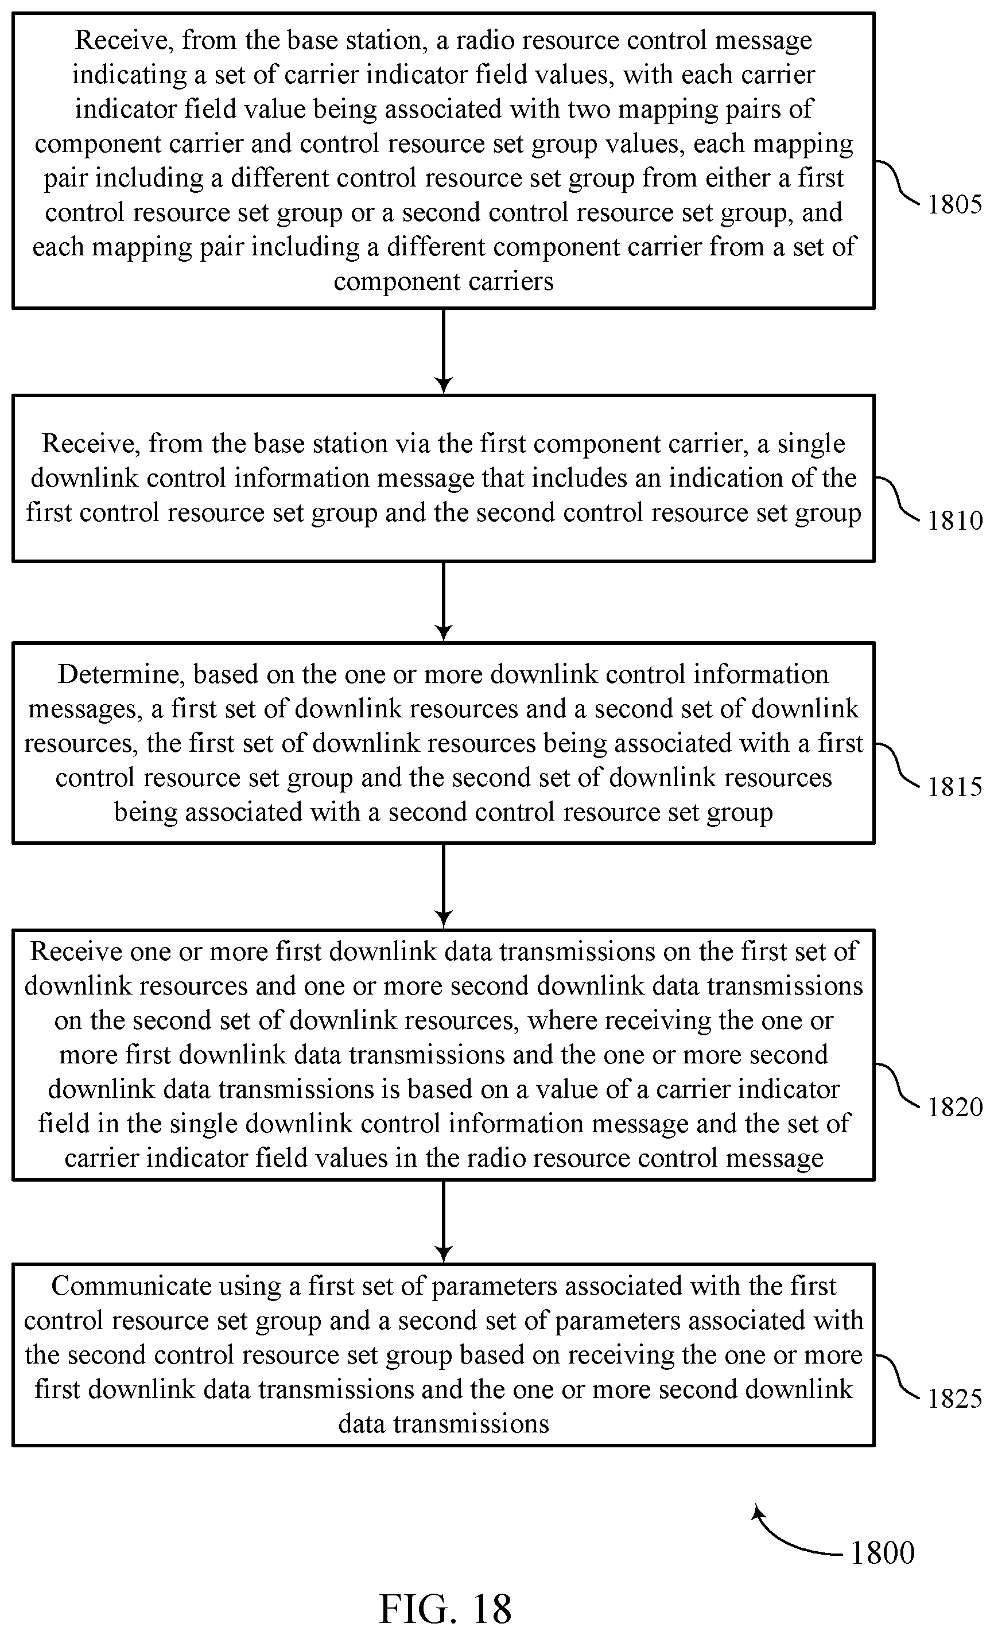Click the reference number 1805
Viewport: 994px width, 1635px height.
pos(954,204)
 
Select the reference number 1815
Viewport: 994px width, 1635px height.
pos(954,787)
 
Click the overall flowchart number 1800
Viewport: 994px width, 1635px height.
pos(883,1554)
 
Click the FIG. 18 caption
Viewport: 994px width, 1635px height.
pos(445,1609)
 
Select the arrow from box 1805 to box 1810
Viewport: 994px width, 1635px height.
pos(443,352)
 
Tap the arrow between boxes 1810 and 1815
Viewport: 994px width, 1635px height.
pos(443,602)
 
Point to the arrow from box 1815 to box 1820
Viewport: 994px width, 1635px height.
pos(443,886)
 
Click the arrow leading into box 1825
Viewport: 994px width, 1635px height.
pos(443,1222)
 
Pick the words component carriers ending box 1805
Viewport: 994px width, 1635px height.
pos(443,281)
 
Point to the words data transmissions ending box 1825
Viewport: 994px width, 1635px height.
pos(443,1424)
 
